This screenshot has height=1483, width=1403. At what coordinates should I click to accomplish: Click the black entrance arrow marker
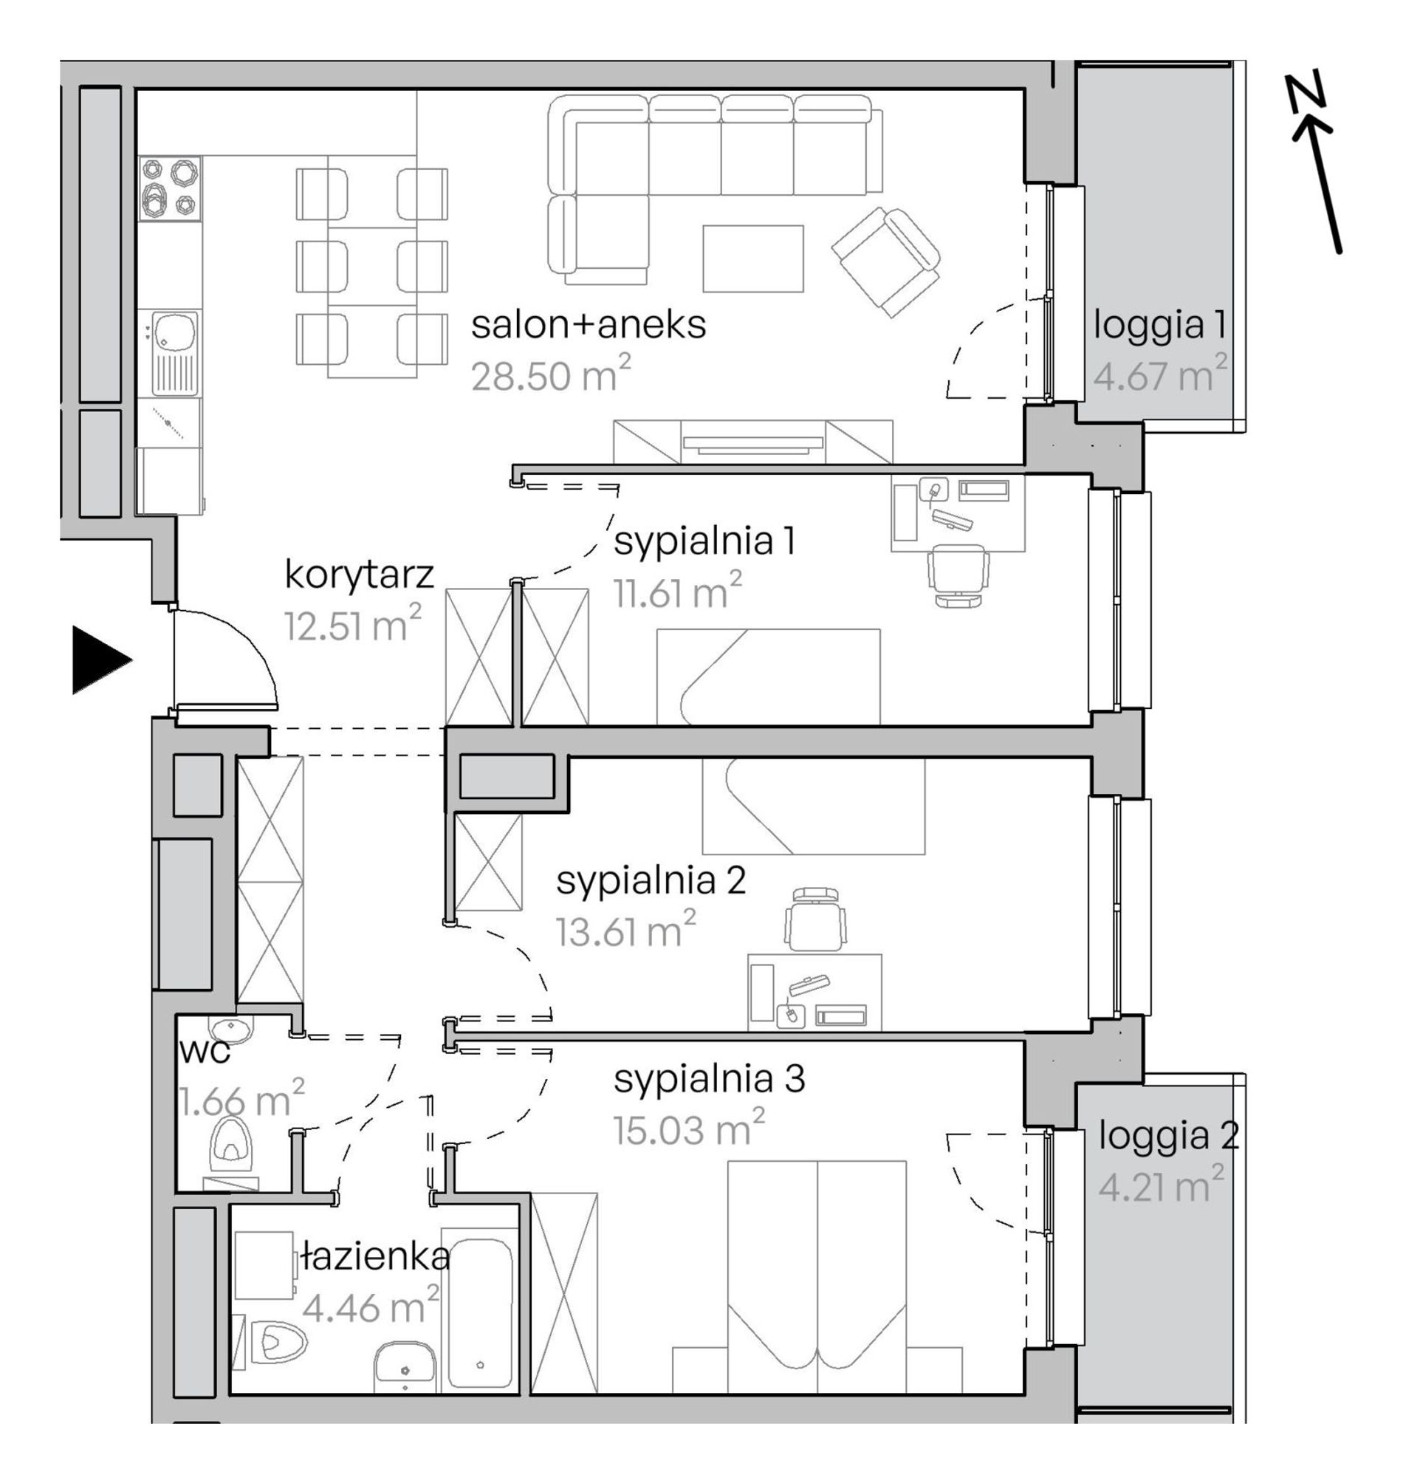click(x=100, y=660)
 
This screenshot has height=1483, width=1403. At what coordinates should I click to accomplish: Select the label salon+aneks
click(x=589, y=326)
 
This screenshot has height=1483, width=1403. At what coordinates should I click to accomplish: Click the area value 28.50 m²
click(x=551, y=374)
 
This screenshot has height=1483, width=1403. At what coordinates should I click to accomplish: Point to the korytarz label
click(x=360, y=575)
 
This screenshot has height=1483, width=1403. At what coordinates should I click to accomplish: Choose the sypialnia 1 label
click(x=704, y=541)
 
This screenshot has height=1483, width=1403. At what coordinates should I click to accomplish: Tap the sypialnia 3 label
click(x=710, y=1080)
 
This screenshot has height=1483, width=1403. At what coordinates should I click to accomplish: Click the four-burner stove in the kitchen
click(x=171, y=188)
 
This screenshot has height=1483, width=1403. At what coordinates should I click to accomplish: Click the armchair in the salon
click(x=886, y=261)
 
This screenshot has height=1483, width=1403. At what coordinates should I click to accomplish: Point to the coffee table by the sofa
click(x=753, y=258)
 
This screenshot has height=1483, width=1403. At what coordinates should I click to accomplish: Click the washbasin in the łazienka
click(x=405, y=1369)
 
